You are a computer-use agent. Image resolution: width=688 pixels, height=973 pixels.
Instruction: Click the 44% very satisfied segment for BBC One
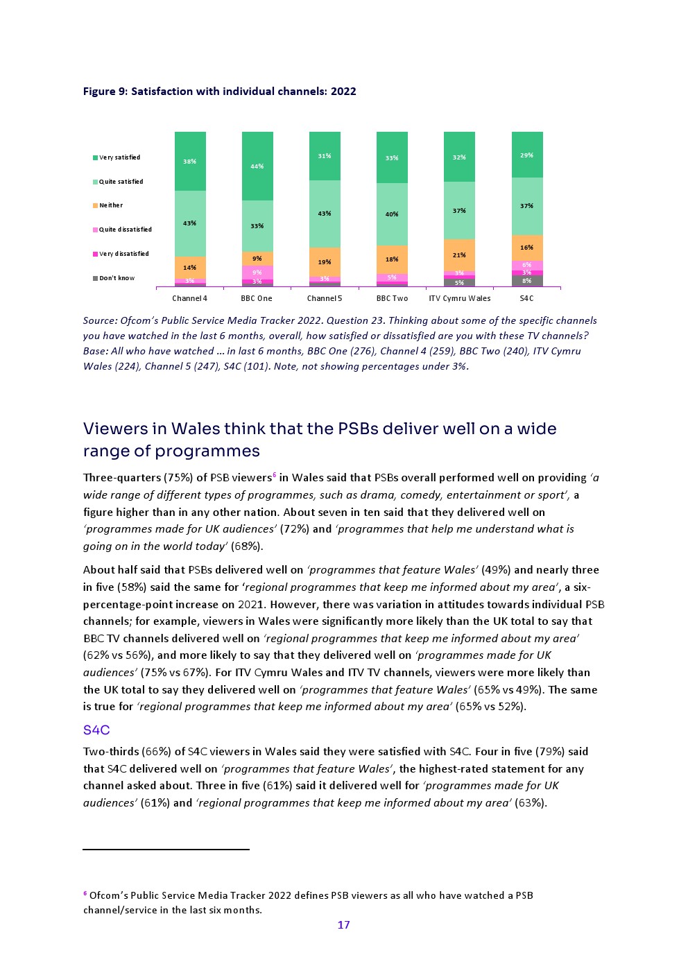257,166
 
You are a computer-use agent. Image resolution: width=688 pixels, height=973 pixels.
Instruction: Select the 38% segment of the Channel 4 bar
190,162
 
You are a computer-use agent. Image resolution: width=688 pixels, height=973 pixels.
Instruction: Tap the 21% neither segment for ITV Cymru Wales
459,255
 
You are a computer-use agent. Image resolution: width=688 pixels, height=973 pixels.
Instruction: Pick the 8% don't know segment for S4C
527,281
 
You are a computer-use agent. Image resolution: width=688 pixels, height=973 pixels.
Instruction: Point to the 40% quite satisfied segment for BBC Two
392,214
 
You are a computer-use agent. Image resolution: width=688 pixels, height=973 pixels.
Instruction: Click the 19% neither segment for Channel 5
325,262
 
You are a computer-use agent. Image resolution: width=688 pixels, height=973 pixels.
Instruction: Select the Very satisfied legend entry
119,157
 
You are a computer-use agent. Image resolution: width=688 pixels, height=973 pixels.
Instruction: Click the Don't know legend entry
117,278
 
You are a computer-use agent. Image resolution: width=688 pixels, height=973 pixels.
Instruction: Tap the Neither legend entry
111,205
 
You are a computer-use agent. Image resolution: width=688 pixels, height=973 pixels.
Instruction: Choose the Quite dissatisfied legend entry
125,230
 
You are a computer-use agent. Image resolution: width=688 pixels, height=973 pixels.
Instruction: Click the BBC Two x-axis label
392,298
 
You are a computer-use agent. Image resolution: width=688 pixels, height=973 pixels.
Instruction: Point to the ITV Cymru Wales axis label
459,298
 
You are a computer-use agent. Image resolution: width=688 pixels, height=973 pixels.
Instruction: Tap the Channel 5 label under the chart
325,298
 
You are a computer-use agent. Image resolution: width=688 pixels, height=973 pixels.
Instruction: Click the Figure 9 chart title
219,92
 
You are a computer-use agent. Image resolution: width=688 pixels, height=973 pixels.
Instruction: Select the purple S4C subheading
96,730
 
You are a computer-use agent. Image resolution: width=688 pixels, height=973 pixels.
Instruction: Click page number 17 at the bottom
343,924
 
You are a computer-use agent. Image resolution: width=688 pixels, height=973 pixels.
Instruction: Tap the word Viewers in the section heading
114,429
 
